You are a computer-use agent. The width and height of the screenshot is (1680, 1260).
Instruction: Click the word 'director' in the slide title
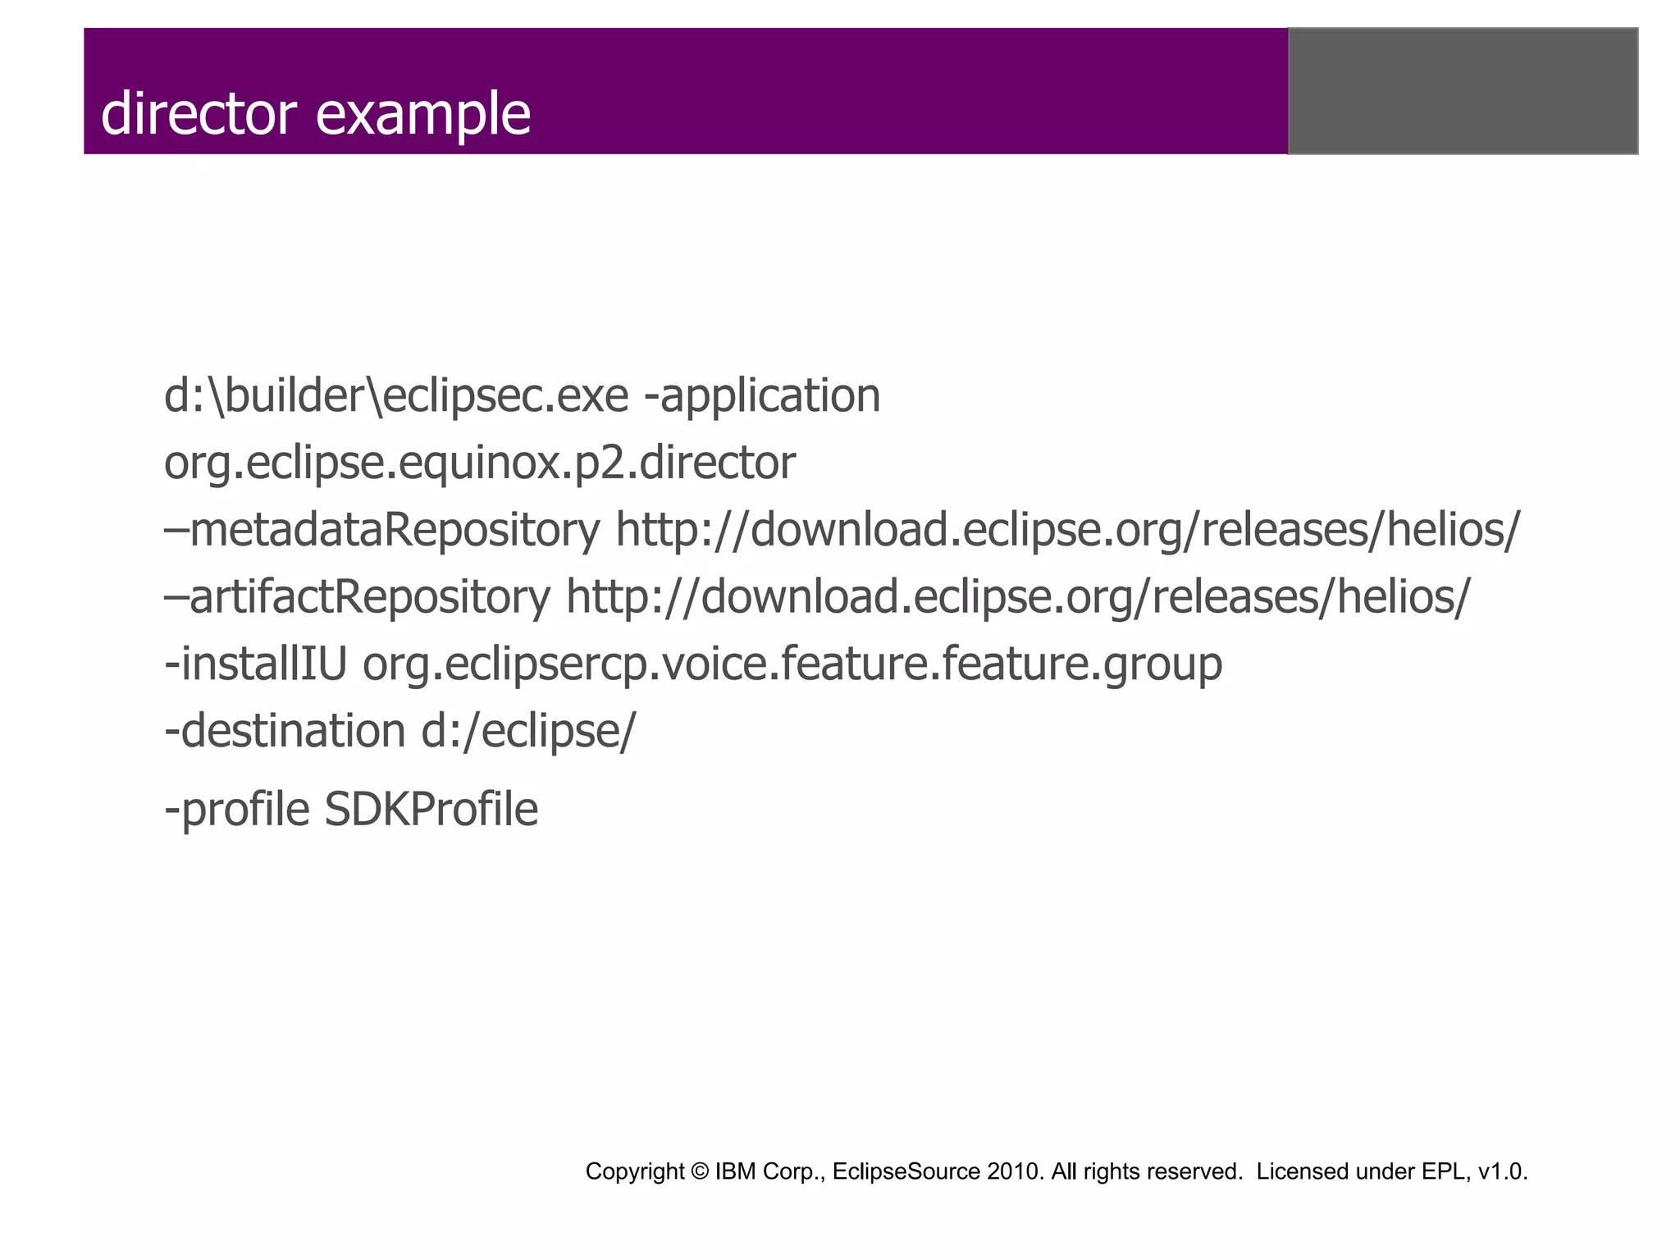click(x=198, y=113)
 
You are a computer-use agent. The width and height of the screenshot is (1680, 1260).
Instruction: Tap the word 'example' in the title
click(x=423, y=115)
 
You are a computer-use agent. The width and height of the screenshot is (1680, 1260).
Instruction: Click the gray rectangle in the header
click(x=1463, y=91)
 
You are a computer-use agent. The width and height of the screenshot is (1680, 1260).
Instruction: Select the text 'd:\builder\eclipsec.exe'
click(x=396, y=396)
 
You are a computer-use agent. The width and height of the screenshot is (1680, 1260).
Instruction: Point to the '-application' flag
click(x=763, y=396)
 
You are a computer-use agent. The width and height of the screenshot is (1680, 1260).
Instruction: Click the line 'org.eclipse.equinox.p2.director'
click(x=480, y=463)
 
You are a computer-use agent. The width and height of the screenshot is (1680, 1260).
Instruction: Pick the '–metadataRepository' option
click(x=382, y=530)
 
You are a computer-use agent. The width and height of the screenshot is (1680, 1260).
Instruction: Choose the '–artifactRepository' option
click(x=358, y=596)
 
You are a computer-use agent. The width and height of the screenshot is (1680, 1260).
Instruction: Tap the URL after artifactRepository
click(x=1018, y=596)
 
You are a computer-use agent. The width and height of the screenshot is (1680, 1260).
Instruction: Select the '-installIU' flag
click(x=256, y=664)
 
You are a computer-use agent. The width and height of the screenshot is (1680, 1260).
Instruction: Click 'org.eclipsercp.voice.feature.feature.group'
click(x=792, y=664)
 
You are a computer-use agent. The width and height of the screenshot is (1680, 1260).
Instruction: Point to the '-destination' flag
click(x=285, y=730)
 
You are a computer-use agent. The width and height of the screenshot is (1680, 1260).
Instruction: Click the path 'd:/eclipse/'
click(x=528, y=730)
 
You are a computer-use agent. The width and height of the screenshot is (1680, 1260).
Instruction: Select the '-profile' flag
click(x=237, y=810)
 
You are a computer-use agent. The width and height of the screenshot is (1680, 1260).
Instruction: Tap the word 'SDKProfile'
click(x=431, y=810)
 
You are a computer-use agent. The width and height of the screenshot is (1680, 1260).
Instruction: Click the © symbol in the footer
click(x=700, y=1171)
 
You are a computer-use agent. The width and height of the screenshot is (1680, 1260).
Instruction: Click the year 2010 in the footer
click(x=1015, y=1171)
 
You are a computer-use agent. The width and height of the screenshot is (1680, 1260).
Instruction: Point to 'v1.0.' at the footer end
click(x=1502, y=1171)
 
